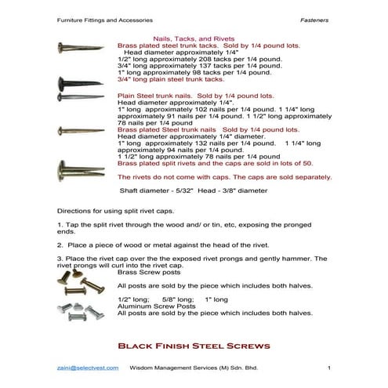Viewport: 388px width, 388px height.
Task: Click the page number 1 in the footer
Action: point(329,368)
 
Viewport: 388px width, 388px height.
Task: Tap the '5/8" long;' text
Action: point(177,299)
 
